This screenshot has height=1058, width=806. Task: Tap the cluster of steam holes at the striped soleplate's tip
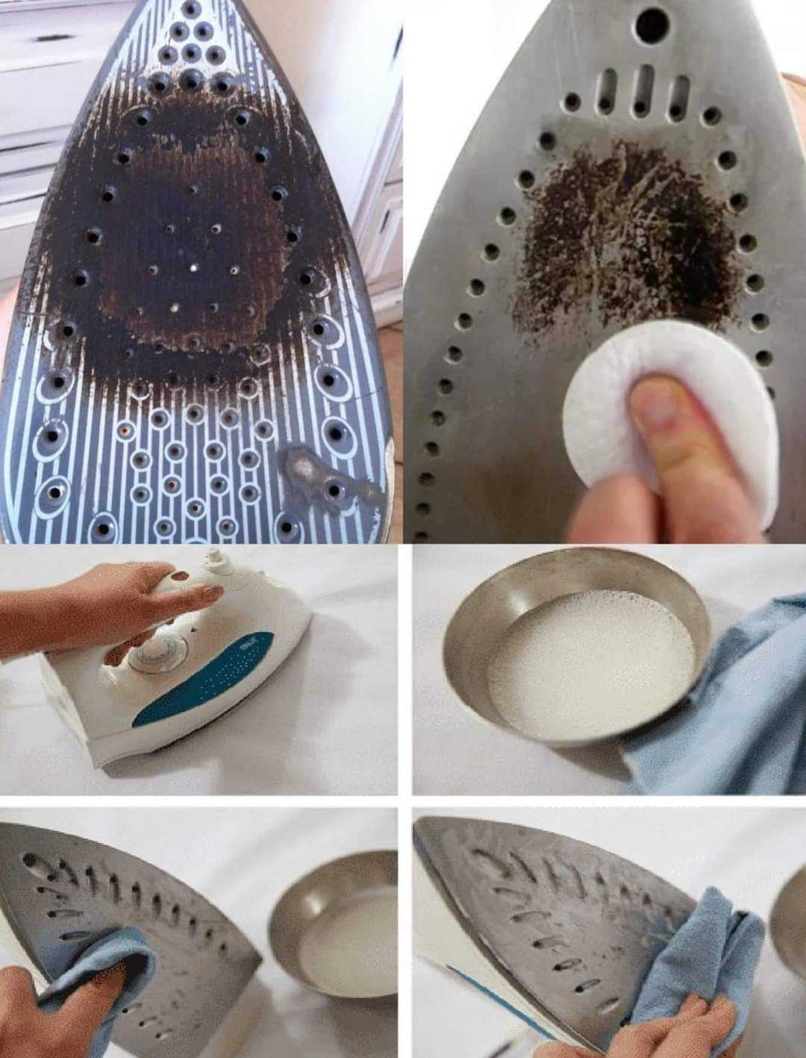point(193,45)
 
